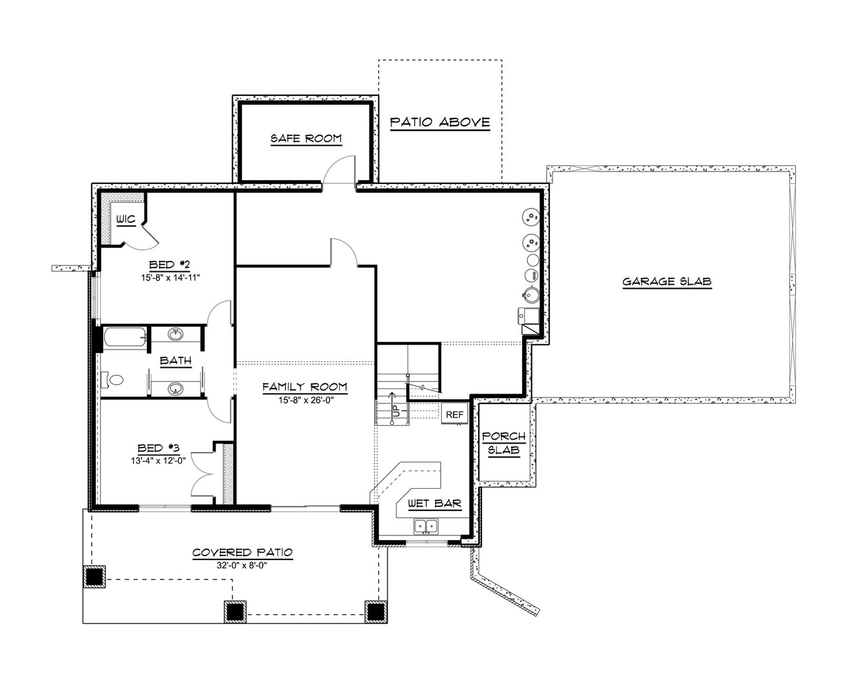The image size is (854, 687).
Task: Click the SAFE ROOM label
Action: click(305, 139)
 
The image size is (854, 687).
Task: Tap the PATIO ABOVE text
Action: click(440, 122)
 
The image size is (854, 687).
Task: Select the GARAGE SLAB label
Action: click(666, 282)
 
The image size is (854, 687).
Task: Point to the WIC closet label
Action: click(126, 220)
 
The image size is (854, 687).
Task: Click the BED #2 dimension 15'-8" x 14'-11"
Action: click(171, 278)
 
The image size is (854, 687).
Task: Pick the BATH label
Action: click(175, 361)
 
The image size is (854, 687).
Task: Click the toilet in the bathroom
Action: click(113, 379)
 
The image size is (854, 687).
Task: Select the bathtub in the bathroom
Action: click(124, 337)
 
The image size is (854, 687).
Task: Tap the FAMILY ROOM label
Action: click(304, 387)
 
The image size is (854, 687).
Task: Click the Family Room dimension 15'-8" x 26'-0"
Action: click(304, 400)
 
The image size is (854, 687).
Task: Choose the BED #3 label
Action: click(158, 448)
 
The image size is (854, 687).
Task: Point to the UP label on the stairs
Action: click(394, 409)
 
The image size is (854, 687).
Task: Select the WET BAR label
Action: click(434, 504)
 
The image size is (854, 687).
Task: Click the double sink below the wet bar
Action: click(426, 525)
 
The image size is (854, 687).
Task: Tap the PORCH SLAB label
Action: click(503, 444)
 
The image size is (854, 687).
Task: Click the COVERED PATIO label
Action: click(242, 552)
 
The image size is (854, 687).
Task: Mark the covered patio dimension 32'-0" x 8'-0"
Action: click(242, 565)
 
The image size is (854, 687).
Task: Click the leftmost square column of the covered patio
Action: click(95, 576)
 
